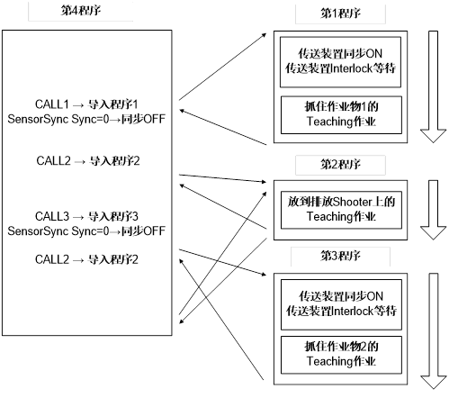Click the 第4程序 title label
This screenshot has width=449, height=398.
point(81,11)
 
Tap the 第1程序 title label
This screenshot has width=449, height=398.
point(340,14)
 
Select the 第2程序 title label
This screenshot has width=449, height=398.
point(340,165)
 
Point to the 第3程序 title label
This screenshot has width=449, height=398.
point(340,256)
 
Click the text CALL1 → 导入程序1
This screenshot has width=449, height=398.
point(86,104)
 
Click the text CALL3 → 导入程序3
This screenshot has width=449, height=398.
point(86,216)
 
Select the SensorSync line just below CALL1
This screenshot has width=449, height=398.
point(86,119)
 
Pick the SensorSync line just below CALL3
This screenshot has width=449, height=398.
point(86,231)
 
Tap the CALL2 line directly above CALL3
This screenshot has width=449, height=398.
point(88,161)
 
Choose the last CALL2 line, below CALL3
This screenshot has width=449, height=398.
point(86,259)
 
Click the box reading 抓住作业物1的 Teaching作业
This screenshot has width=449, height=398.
point(341,115)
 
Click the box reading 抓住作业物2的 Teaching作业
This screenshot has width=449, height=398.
point(341,355)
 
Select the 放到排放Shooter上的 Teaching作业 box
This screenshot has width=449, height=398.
point(341,210)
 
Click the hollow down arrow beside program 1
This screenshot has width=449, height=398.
point(433,86)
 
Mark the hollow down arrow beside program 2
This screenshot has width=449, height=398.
point(433,210)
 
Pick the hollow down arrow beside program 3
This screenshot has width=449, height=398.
point(433,331)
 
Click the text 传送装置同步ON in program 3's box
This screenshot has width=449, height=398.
point(341,296)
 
